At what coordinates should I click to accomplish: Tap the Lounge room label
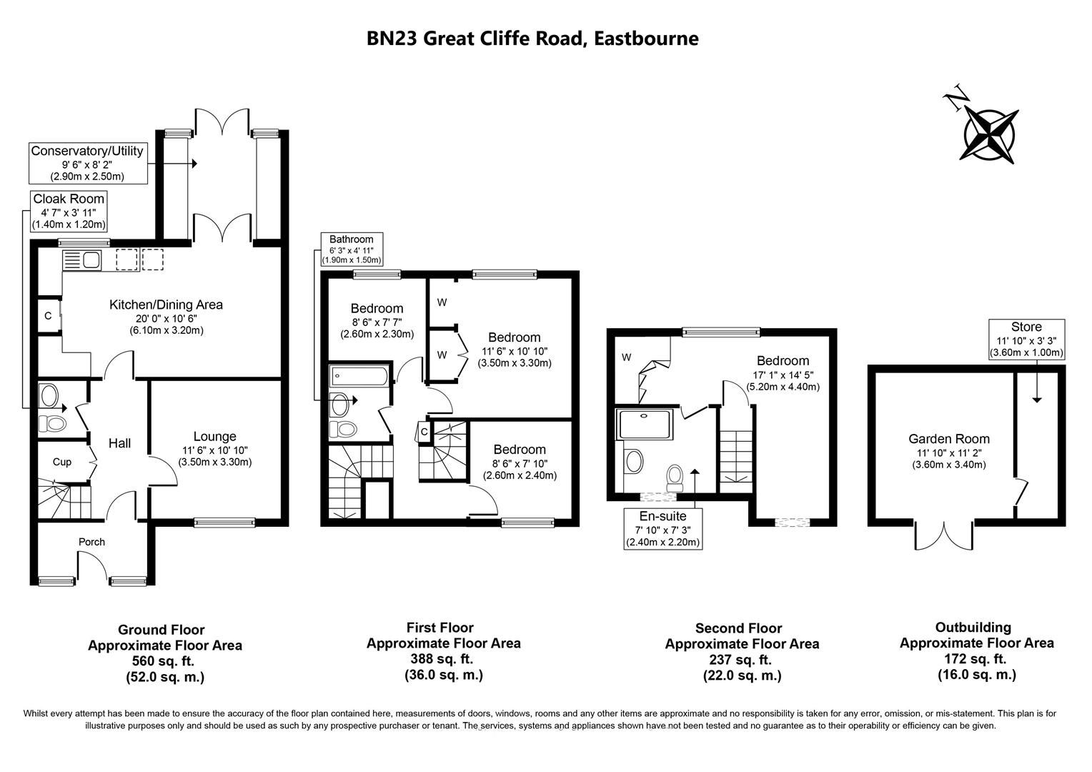(214, 437)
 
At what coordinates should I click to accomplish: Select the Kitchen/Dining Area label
(166, 305)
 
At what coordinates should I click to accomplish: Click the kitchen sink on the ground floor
(83, 259)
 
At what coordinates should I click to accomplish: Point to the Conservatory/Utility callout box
(87, 163)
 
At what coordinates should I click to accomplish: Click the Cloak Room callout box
(69, 211)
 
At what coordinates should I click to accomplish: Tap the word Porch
(91, 542)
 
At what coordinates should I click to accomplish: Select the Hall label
(119, 444)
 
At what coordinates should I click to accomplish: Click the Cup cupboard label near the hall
(62, 462)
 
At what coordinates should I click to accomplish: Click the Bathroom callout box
(352, 249)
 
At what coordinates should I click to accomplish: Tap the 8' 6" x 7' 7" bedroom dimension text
(377, 322)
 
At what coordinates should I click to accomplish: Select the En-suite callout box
(662, 528)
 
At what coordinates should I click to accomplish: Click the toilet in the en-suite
(675, 477)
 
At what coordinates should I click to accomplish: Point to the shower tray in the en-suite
(645, 425)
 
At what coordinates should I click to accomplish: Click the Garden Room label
(948, 440)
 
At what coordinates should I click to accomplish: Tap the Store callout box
(1026, 339)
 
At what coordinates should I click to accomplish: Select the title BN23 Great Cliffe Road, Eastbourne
(532, 38)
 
